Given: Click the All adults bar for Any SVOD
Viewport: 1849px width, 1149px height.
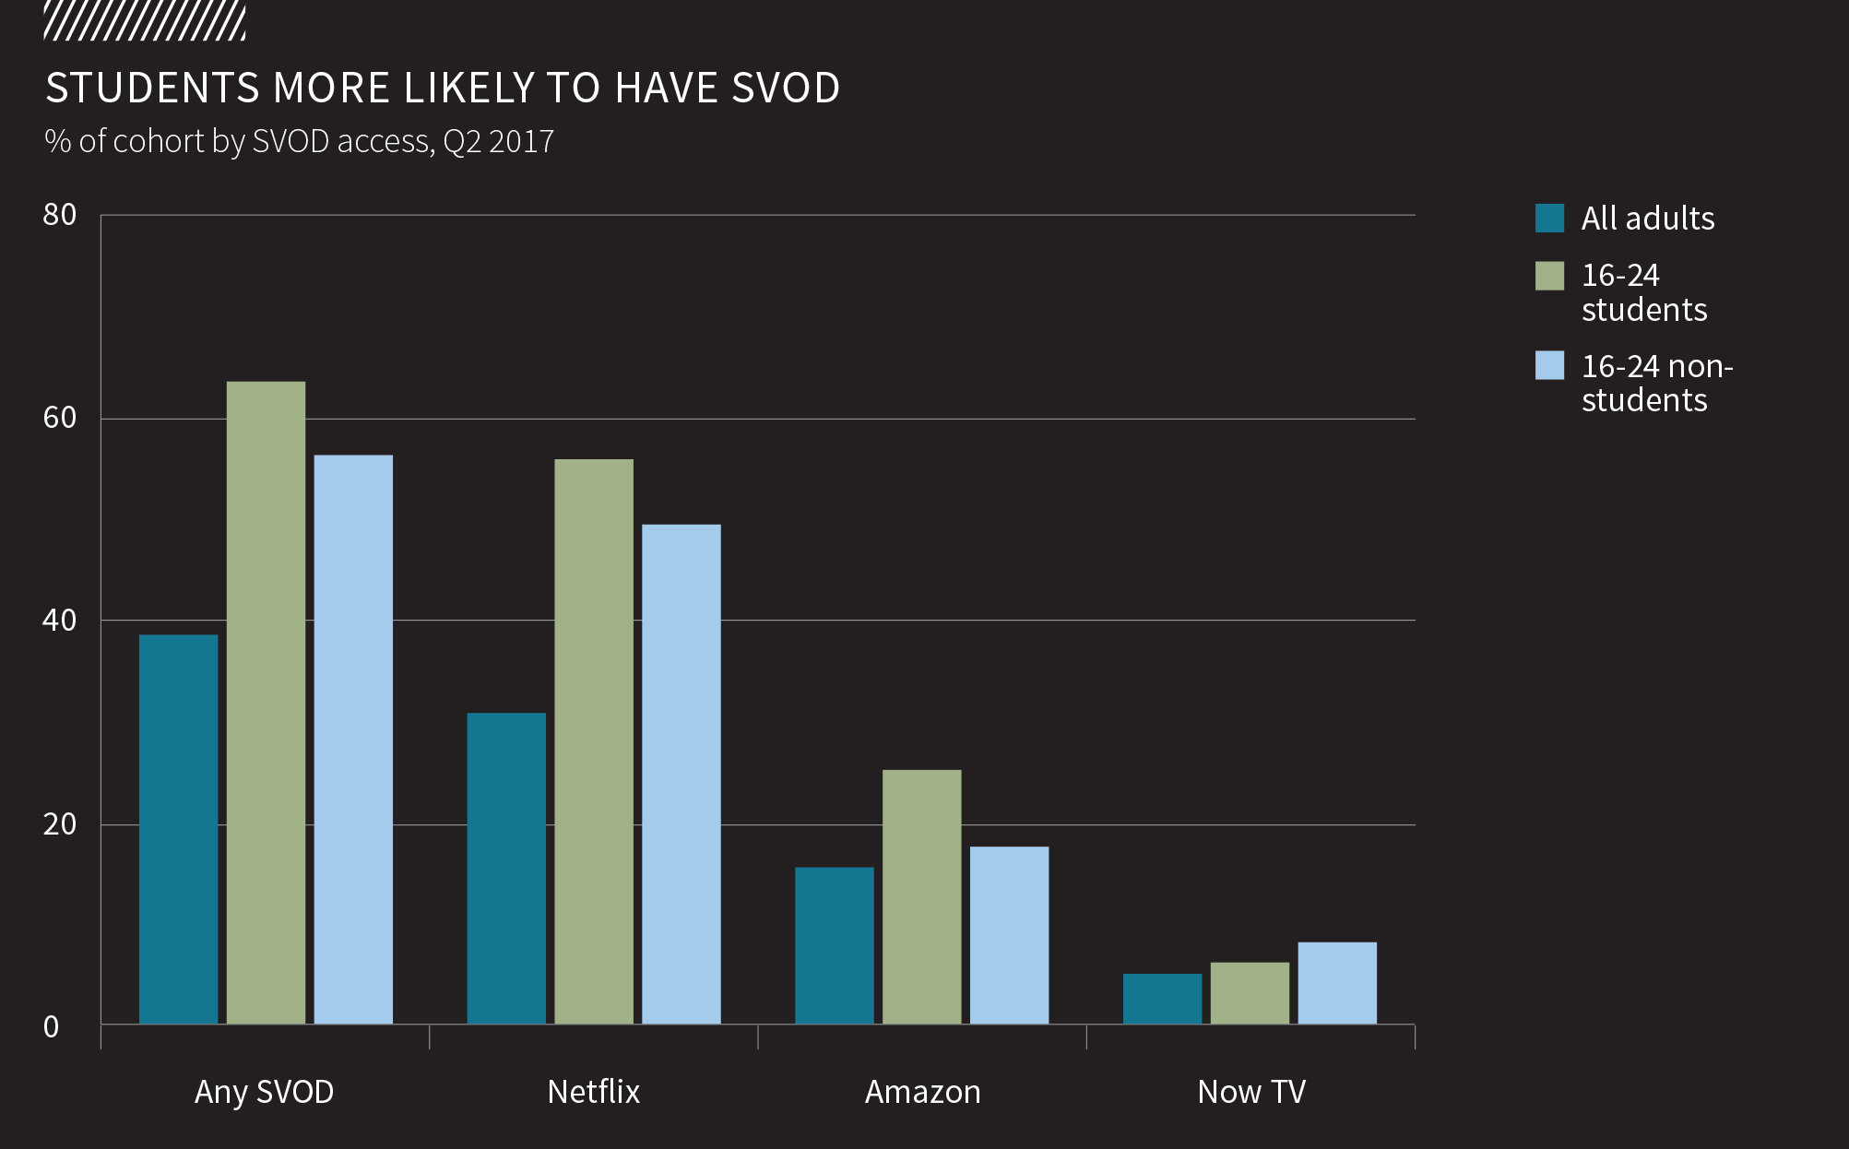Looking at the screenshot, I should (178, 829).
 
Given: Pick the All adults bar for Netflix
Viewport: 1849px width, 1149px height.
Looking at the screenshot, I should (506, 868).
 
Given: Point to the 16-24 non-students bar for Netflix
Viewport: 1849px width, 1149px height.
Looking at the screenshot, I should (682, 774).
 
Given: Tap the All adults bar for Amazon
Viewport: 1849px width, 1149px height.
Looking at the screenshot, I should (835, 945).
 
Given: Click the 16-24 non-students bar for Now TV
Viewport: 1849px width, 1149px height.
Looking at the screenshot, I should (1337, 983).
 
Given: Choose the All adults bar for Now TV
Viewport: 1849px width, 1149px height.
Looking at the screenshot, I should (1162, 999).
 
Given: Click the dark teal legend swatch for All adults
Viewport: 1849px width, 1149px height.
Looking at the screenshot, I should (1549, 219).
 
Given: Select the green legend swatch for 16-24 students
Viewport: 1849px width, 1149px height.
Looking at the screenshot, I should (1549, 276).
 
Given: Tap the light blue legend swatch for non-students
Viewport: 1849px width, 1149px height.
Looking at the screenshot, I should (1549, 365).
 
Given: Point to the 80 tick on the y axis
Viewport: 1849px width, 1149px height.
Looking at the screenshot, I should (60, 215).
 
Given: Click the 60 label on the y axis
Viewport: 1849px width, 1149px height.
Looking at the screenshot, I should (60, 418).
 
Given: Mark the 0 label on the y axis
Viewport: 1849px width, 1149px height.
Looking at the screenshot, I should (52, 1026).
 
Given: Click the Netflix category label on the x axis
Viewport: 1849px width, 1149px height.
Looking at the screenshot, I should (593, 1092).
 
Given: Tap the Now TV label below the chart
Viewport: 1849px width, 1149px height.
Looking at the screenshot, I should (1251, 1092).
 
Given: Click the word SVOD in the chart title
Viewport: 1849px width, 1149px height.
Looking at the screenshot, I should (785, 89).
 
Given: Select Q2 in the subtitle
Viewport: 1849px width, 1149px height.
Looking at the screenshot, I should (462, 142).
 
